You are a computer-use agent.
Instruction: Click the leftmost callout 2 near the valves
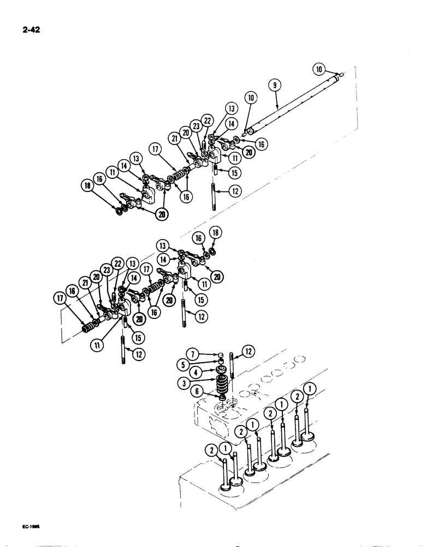[x=211, y=450]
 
